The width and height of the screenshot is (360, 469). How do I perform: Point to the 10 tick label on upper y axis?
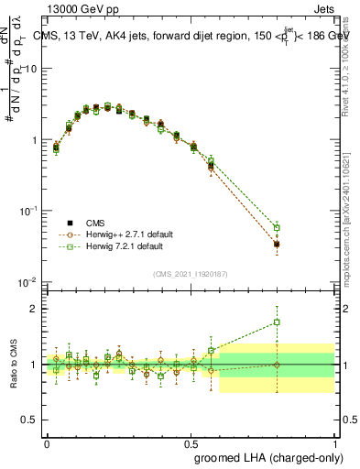coord(29,69)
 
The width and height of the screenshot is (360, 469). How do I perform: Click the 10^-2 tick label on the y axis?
coord(27,281)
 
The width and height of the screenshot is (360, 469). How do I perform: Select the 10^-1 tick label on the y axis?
coord(27,211)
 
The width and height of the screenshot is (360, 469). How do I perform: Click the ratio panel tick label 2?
coord(35,309)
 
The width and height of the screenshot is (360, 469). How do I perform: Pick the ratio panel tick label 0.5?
coord(30,420)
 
